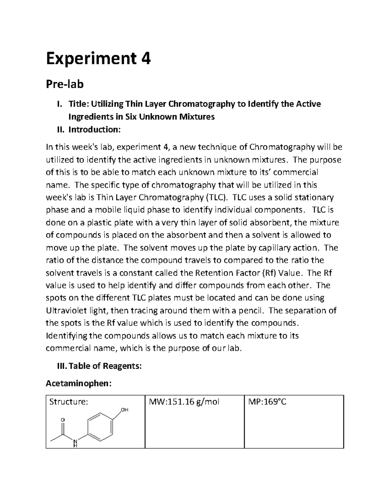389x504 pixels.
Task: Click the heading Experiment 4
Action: (x=98, y=59)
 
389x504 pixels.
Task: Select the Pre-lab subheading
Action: (x=65, y=84)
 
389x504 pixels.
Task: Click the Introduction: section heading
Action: (x=94, y=129)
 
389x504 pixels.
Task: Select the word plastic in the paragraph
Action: (x=109, y=223)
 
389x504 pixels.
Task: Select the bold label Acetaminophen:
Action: (x=78, y=384)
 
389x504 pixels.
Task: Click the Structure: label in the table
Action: (x=68, y=402)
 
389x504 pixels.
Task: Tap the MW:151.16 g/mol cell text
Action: (x=184, y=402)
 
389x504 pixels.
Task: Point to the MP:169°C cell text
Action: (x=267, y=402)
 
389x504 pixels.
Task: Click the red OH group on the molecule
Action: (x=124, y=410)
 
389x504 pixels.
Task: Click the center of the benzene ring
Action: (x=100, y=427)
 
